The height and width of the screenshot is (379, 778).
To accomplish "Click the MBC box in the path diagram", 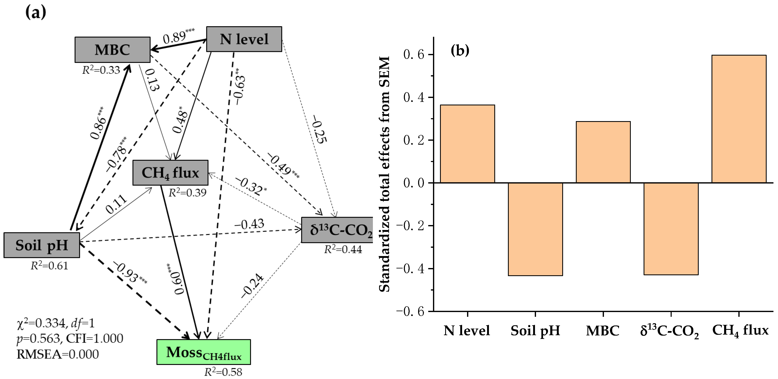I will pos(112,50).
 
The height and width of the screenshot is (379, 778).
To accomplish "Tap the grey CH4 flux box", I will pos(170,173).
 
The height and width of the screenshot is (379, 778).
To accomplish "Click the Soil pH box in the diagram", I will pos(42,245).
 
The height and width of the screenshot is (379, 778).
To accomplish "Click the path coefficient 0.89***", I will pos(178,36).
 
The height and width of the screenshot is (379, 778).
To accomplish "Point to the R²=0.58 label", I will pos(223,372).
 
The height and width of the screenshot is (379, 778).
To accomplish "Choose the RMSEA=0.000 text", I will pos(57,354).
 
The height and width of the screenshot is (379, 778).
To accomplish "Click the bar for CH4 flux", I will pos(739,119).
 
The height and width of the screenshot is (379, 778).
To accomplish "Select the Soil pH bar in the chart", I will pos(535,229).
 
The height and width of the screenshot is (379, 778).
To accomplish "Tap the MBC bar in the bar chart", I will pos(603,152).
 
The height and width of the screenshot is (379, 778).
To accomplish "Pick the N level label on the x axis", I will pos(467,330).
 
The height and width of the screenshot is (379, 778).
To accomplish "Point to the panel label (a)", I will pos(36,13).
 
